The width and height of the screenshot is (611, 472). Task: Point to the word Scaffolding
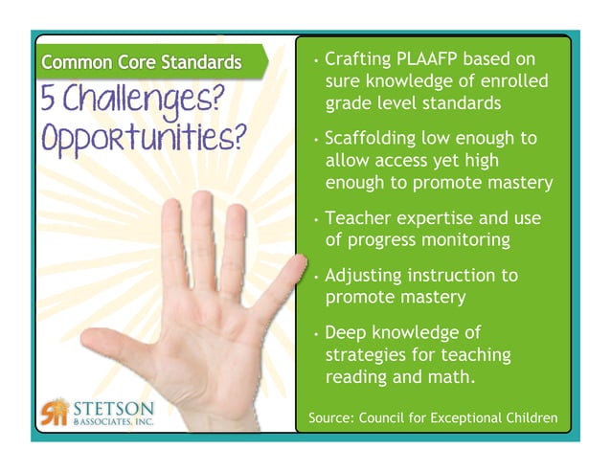377,138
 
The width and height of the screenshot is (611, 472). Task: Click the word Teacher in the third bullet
358,219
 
